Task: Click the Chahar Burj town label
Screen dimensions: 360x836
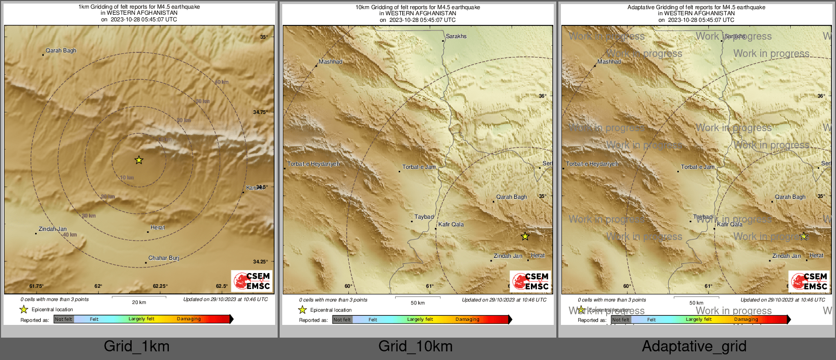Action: tap(163, 258)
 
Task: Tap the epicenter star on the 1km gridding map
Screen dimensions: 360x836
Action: tap(139, 160)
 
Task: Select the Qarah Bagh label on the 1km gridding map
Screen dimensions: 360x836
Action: tap(61, 50)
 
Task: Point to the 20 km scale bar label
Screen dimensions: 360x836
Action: tap(139, 302)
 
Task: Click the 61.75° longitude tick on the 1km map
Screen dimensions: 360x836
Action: tap(36, 286)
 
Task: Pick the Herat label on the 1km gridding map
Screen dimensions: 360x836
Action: tap(158, 227)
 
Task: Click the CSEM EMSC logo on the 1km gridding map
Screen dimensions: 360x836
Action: tap(252, 281)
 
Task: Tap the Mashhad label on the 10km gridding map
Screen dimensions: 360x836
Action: tap(331, 62)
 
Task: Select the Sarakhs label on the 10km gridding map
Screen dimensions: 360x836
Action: tap(456, 36)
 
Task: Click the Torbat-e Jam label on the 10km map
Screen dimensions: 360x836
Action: tap(419, 167)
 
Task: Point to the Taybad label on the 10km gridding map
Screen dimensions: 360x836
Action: tap(424, 217)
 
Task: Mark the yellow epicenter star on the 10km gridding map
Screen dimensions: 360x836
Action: tap(525, 236)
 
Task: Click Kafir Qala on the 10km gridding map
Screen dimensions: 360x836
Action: tap(451, 224)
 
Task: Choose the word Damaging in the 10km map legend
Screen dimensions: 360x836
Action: tap(467, 319)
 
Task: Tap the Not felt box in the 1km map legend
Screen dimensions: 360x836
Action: tap(64, 319)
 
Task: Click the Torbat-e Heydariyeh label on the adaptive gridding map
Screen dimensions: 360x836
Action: tap(592, 164)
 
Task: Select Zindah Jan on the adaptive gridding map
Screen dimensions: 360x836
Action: tap(787, 256)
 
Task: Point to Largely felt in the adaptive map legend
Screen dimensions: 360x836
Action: tap(699, 319)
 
